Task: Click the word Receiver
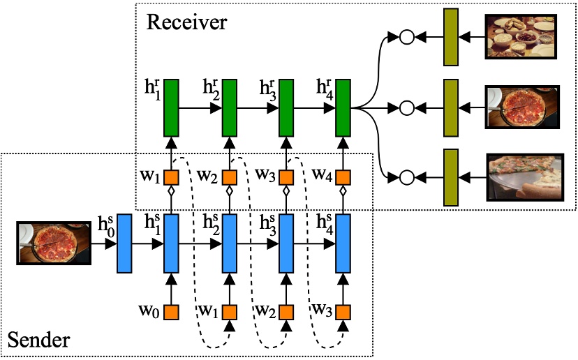(x=186, y=22)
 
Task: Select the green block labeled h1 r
(x=172, y=108)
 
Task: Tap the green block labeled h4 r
(x=343, y=108)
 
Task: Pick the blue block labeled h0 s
(x=125, y=243)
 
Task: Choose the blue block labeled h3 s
(x=286, y=243)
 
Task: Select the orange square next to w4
(x=343, y=174)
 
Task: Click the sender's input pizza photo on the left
(x=54, y=243)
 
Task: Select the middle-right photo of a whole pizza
(x=522, y=107)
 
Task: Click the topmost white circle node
(x=406, y=37)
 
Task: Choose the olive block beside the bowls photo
(x=450, y=37)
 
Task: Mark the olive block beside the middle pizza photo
(x=450, y=107)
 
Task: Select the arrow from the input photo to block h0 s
(x=103, y=244)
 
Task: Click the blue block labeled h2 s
(x=229, y=243)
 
